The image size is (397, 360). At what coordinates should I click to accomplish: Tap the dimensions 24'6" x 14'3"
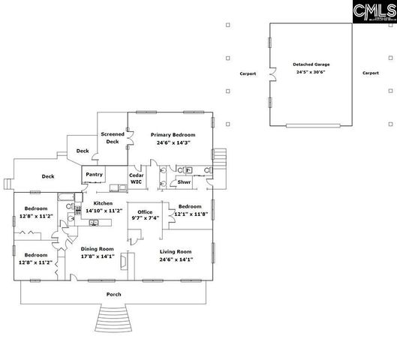click(x=173, y=142)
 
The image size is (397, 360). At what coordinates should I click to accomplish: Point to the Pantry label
click(x=95, y=175)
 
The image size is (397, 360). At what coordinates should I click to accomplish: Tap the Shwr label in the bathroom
click(x=183, y=182)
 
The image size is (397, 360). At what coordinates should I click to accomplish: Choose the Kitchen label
click(x=102, y=203)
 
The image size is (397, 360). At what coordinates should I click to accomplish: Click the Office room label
click(x=145, y=212)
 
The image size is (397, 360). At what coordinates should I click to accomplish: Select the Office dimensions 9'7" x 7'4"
click(x=145, y=219)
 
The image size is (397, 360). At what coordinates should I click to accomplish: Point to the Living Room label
click(x=176, y=251)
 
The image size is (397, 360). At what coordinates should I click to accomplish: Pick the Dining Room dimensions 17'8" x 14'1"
click(x=98, y=256)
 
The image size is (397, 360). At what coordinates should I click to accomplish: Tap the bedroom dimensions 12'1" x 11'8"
click(x=188, y=214)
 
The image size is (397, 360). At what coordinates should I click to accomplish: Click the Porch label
click(x=113, y=295)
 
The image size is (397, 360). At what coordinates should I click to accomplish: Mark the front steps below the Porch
click(x=114, y=319)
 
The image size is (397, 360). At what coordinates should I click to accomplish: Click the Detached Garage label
click(x=311, y=64)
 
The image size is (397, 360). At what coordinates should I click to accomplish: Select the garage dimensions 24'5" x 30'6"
click(x=311, y=73)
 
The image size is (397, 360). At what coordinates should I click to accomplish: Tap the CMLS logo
click(x=372, y=11)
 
